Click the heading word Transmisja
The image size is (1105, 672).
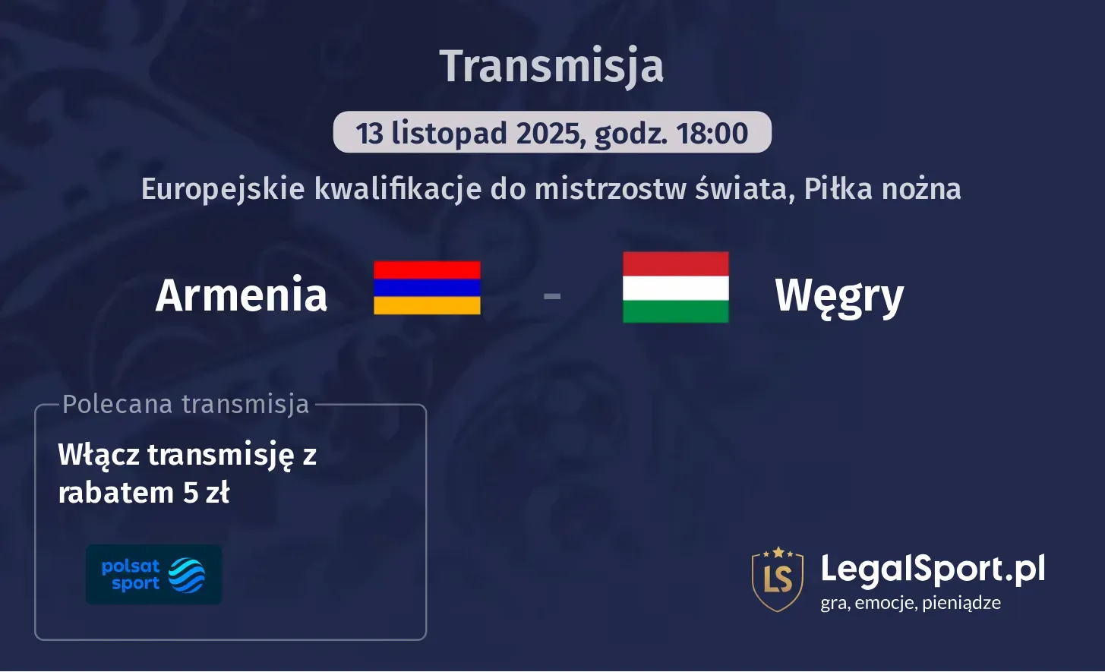pos(551,66)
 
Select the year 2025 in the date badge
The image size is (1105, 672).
pos(548,134)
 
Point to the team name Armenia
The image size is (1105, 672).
pos(242,295)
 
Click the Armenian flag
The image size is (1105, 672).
pos(427,288)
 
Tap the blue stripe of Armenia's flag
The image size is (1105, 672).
pos(427,288)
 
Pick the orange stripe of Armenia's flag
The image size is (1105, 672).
pos(427,305)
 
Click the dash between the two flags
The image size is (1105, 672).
pos(552,295)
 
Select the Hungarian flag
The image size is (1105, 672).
pos(675,288)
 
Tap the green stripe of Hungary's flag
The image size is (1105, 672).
pos(675,311)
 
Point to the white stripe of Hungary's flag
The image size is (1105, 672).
pos(675,288)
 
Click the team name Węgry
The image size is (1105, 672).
pos(839,295)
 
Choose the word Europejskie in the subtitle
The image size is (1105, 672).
pos(223,189)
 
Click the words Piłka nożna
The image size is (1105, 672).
pos(882,189)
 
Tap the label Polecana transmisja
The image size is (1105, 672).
pos(186,405)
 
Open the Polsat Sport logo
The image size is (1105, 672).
pos(153,575)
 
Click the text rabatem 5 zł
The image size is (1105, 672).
pos(144,494)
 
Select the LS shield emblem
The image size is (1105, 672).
pos(777,579)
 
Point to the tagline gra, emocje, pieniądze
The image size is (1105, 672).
pos(911,604)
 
